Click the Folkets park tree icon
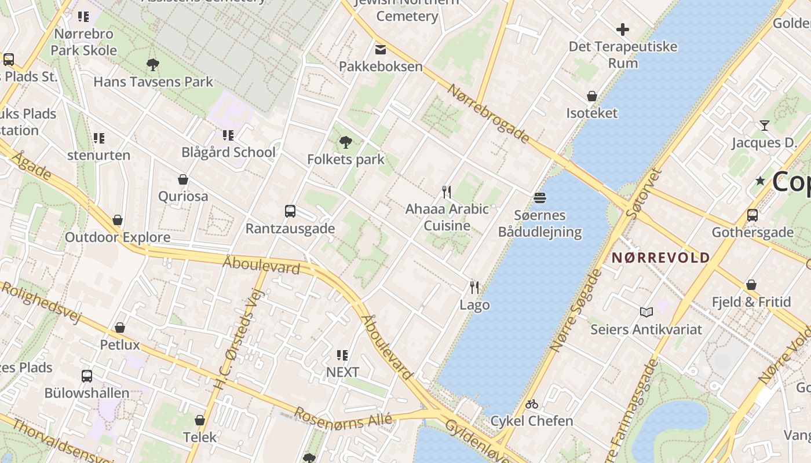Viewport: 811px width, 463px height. (346, 142)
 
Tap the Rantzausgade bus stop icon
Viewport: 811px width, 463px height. (290, 211)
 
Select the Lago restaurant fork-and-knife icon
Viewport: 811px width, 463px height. (474, 287)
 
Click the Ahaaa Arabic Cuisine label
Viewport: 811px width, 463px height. (447, 217)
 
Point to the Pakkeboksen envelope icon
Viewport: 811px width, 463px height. (381, 49)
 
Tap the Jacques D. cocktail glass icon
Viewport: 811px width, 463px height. (764, 126)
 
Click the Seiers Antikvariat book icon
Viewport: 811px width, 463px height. (646, 313)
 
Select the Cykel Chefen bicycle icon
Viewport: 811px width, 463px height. (532, 404)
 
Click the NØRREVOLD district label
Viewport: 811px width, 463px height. (661, 258)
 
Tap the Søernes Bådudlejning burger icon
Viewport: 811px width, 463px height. (540, 198)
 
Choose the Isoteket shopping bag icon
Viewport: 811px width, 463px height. (592, 96)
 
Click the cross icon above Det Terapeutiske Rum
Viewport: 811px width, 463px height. (623, 30)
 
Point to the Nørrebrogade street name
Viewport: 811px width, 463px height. (488, 113)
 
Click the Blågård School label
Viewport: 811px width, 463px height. (228, 152)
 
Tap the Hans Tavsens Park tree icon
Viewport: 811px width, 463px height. (153, 64)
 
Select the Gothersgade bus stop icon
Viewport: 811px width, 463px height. (752, 215)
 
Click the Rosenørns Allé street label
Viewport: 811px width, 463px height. (343, 418)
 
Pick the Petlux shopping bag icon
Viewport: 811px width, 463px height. (120, 328)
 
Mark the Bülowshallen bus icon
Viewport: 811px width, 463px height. (87, 376)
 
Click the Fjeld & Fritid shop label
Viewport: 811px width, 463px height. (751, 302)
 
